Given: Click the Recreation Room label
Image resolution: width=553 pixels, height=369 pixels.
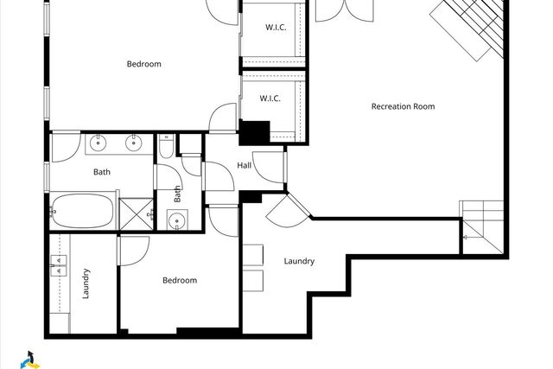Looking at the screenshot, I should (x=403, y=107).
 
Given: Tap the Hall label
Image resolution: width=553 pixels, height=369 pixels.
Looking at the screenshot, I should (x=244, y=166).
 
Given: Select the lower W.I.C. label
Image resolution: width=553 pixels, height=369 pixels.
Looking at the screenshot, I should (x=270, y=99).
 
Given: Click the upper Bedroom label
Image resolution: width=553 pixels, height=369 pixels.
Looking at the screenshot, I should (x=143, y=64).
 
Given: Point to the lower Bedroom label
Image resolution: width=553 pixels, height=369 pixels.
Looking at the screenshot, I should (x=180, y=280).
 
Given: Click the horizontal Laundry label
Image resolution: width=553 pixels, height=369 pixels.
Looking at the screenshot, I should (x=299, y=261).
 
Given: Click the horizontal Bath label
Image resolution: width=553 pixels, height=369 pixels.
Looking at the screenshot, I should (x=102, y=172).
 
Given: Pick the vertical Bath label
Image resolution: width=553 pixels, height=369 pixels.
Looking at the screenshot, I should (x=178, y=194).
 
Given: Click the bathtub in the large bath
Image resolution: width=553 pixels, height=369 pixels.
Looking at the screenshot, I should (x=82, y=211).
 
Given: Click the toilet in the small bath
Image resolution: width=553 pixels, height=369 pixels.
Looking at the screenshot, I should (x=164, y=148).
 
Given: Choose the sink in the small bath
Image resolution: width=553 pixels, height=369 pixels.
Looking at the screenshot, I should (x=178, y=219).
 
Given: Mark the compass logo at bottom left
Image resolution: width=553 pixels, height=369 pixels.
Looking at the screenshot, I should (x=31, y=359).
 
